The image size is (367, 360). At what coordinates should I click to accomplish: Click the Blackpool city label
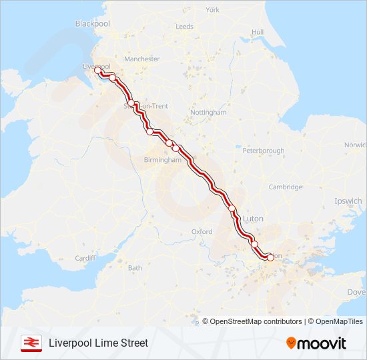coord(92,23)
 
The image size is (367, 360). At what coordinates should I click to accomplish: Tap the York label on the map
coord(212,10)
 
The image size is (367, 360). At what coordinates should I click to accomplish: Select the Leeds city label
coord(184,27)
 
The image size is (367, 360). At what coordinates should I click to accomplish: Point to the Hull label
coord(258,32)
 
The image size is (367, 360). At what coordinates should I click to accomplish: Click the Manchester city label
coord(141,59)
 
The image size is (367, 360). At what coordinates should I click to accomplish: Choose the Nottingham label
coord(208,113)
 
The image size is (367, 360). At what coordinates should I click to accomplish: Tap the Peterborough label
coord(263,151)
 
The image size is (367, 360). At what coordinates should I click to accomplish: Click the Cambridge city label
coord(285,187)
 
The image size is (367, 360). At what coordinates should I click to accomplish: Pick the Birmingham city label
coord(163,160)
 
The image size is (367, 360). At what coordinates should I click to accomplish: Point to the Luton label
coord(254,218)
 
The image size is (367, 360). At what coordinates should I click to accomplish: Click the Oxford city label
coord(202,232)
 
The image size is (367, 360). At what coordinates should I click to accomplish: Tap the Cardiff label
coord(85,258)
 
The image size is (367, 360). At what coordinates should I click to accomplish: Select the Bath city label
coord(135,268)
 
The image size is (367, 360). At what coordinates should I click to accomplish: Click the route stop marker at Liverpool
coord(97,69)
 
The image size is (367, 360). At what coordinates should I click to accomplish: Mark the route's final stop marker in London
coord(270,256)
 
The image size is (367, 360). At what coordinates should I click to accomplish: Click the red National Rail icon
coord(30,343)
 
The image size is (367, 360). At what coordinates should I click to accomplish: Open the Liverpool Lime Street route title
coord(98,343)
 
